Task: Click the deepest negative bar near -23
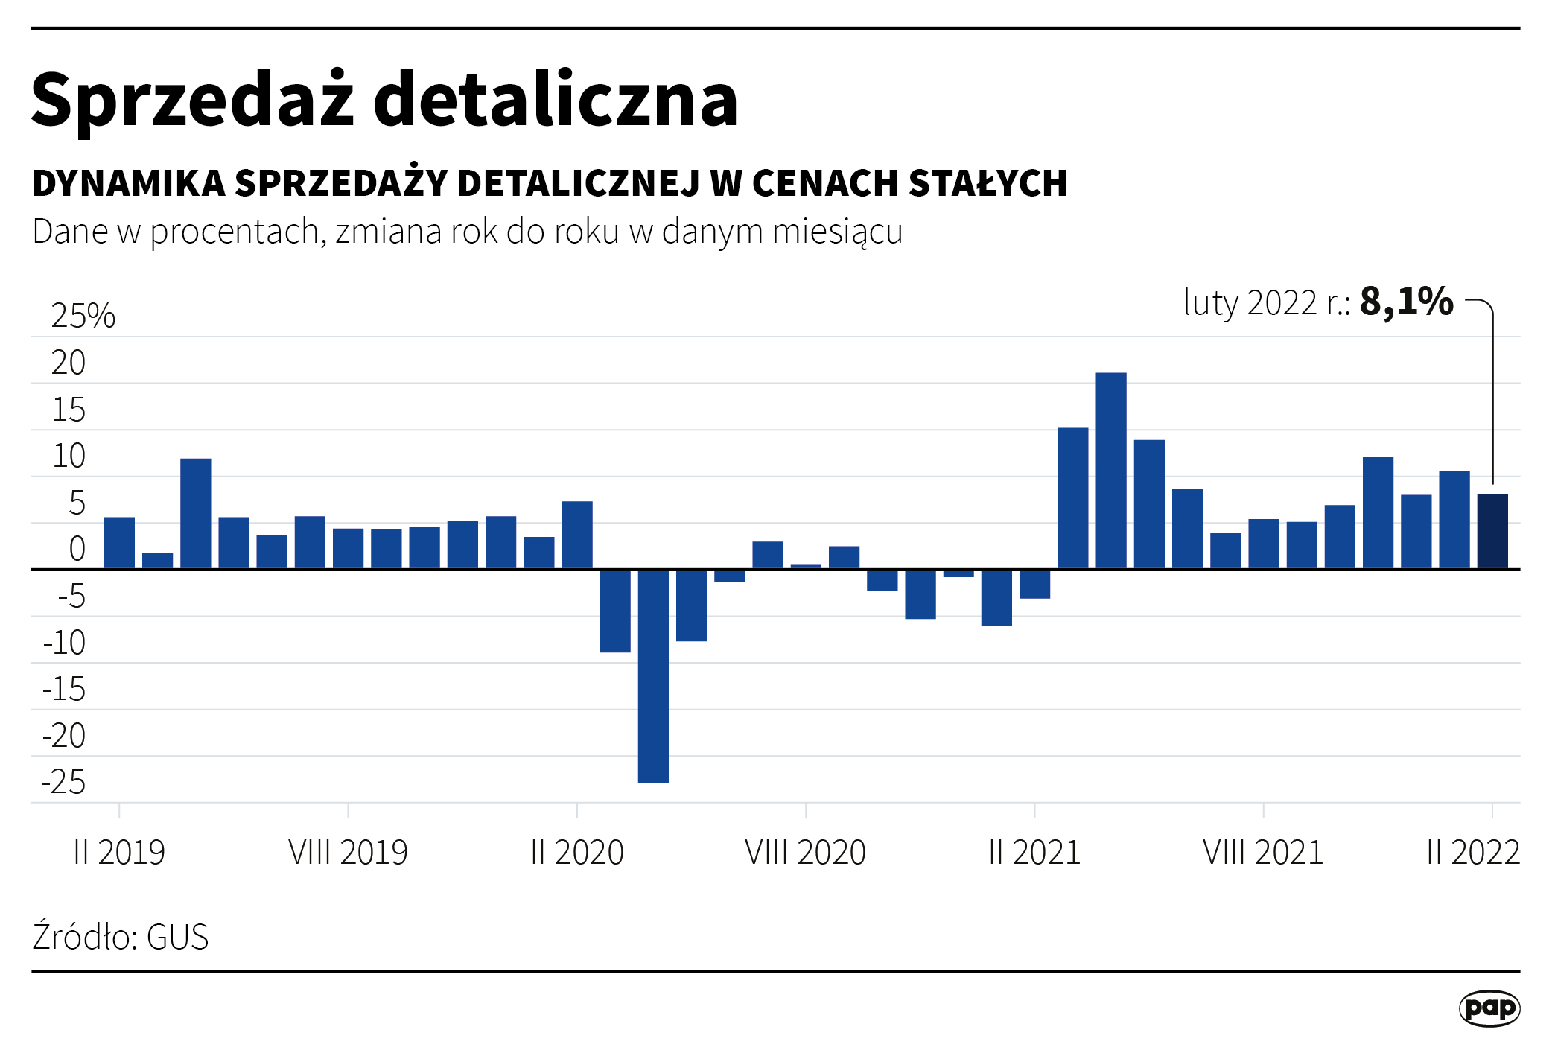(653, 675)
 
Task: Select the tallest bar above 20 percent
(1110, 471)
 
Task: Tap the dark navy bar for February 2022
(1492, 531)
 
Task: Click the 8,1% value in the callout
(1406, 302)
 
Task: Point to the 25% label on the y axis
(83, 317)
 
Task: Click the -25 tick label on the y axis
(64, 783)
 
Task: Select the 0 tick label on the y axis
(77, 550)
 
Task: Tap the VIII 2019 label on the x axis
(348, 853)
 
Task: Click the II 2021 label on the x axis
(1034, 853)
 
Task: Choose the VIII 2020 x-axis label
(805, 853)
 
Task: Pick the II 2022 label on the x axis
(1472, 853)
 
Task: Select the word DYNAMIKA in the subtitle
(129, 184)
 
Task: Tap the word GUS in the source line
(177, 938)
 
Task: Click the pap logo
(1489, 1008)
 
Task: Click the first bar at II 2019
(119, 543)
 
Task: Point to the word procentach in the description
(235, 232)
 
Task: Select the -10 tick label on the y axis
(65, 643)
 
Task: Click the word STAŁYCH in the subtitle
(988, 184)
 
